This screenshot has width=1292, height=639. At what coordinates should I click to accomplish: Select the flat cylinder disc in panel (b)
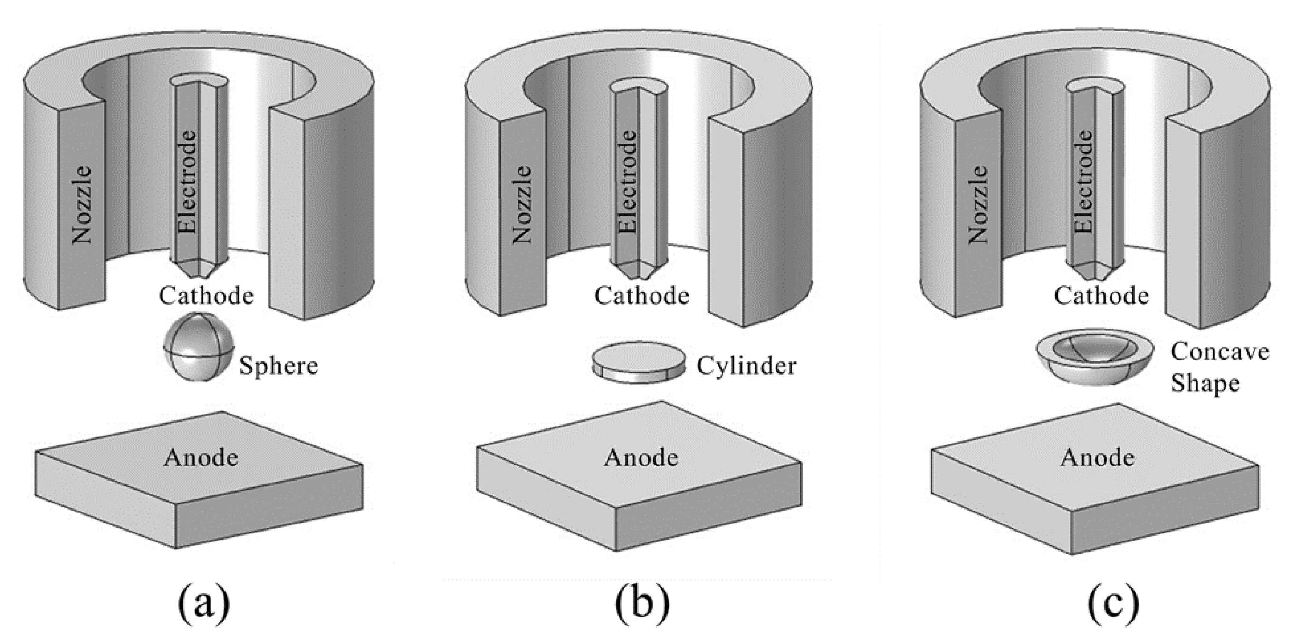[x=639, y=363]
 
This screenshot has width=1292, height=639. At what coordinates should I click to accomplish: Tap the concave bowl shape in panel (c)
[x=1095, y=357]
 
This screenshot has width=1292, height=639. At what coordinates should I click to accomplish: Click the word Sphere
[x=278, y=366]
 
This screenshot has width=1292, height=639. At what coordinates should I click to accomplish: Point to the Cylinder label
[x=746, y=366]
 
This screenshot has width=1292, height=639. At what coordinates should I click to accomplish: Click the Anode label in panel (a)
[x=201, y=457]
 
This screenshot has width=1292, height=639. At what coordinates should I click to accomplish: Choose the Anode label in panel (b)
[x=641, y=457]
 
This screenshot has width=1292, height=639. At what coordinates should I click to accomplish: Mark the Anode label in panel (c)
[x=1097, y=457]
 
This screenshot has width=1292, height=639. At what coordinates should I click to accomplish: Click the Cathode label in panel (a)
[x=206, y=295]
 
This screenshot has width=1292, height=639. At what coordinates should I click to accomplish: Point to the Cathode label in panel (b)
[x=641, y=295]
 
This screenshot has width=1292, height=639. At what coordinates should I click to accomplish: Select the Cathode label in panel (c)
[x=1101, y=295]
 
